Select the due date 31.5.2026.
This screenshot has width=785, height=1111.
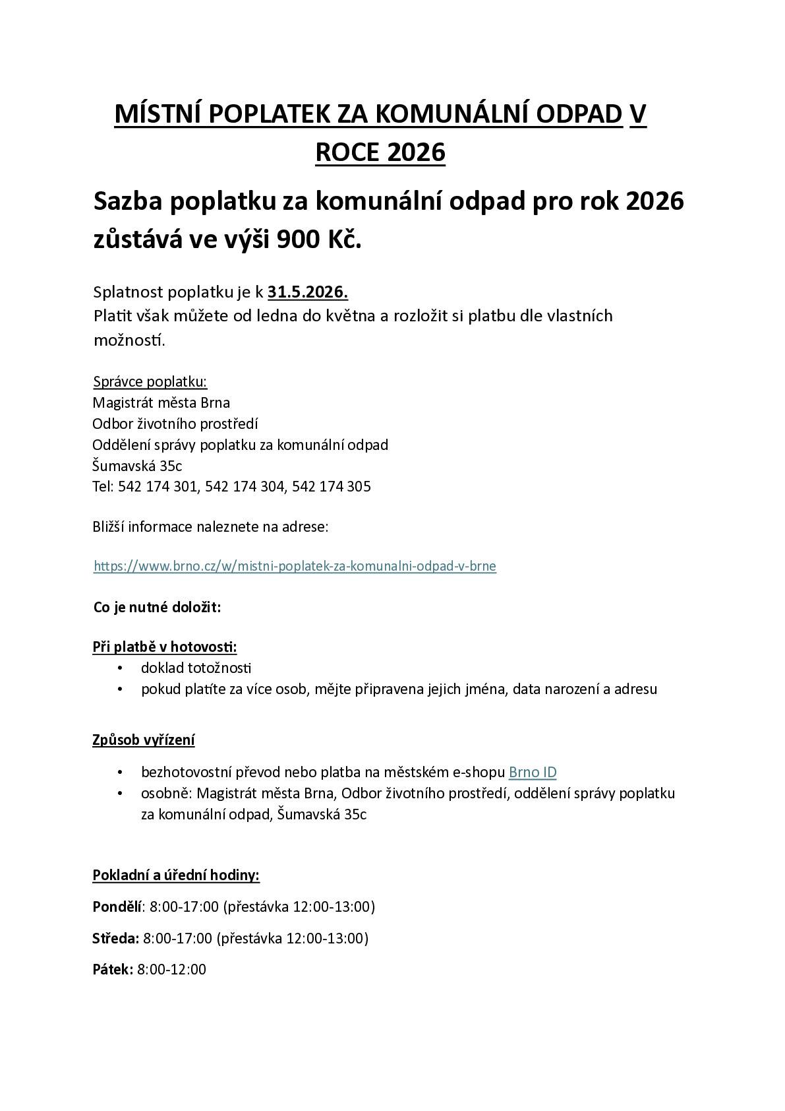308,292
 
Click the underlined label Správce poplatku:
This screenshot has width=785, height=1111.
150,381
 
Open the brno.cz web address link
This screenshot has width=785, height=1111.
295,566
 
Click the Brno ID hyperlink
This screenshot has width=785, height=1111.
533,773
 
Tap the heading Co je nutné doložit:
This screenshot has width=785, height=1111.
157,607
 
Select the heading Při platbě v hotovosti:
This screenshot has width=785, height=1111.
164,647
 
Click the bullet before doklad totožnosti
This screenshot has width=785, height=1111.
120,668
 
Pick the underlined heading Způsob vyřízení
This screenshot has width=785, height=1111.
143,740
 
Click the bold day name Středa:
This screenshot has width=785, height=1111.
115,938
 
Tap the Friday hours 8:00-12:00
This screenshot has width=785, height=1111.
171,970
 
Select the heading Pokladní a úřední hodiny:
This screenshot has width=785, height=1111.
176,875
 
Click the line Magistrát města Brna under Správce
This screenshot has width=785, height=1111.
161,402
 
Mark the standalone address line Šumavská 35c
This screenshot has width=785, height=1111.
137,466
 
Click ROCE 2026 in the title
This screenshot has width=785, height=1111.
380,152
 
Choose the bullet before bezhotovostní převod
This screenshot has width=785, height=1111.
120,773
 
